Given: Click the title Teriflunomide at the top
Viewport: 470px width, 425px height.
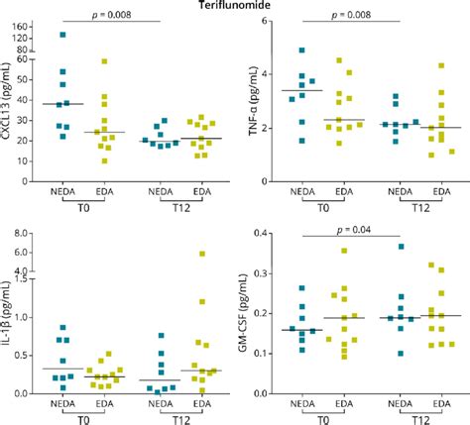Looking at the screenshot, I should [235, 6].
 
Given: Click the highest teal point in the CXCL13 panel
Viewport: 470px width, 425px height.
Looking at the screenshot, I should [62, 35].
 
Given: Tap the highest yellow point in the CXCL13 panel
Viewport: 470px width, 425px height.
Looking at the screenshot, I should [104, 61].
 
